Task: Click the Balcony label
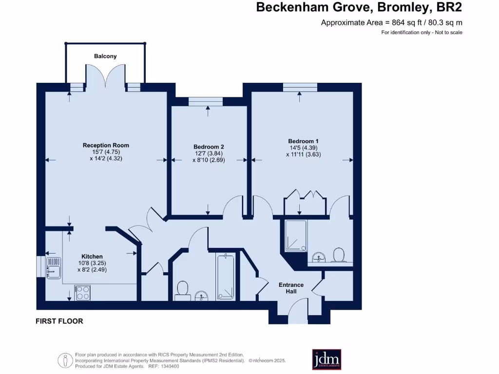coord(105,56)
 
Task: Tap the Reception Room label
coord(106,145)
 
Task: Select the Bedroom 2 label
coord(209,147)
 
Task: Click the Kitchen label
coord(92,257)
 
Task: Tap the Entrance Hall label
coord(291,288)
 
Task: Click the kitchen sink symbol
coord(53,266)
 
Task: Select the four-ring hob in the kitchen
coord(82,292)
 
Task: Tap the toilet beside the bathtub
coord(183,289)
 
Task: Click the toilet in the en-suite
coord(338,254)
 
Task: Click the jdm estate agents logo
coord(326,359)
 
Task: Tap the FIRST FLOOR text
coord(59,321)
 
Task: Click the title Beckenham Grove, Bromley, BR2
coord(359,7)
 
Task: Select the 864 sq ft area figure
coord(409,22)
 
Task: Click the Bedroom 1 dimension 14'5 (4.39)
coord(303,148)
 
